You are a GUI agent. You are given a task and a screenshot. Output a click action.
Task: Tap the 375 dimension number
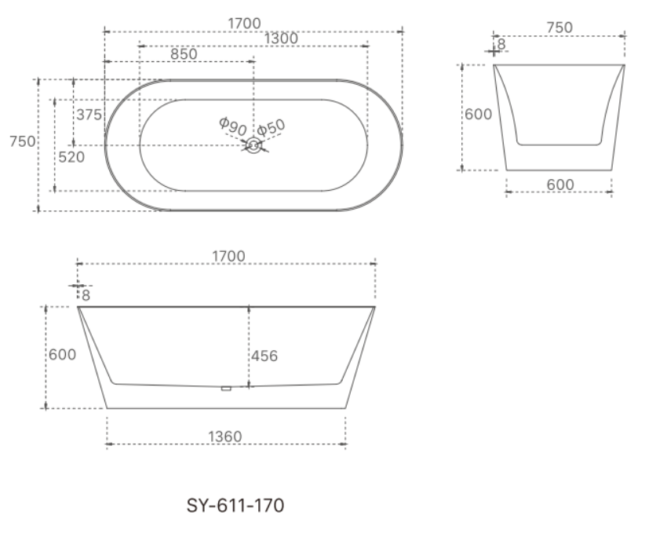[x=89, y=115]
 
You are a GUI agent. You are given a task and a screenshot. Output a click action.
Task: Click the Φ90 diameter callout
[x=232, y=126]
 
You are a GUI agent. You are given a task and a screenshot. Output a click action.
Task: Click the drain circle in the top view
[x=253, y=145]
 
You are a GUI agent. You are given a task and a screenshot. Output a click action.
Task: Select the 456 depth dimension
[x=264, y=356]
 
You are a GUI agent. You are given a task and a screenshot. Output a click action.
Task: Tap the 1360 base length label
[x=224, y=437]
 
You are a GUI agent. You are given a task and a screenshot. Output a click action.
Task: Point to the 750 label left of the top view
[x=21, y=141]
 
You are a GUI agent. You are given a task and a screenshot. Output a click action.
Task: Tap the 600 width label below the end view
[x=559, y=184]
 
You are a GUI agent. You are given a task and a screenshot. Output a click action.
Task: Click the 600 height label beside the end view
[x=478, y=115]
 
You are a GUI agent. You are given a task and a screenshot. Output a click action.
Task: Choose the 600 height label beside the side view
[x=63, y=355]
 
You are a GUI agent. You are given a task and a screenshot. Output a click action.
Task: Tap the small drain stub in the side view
[x=226, y=387]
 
